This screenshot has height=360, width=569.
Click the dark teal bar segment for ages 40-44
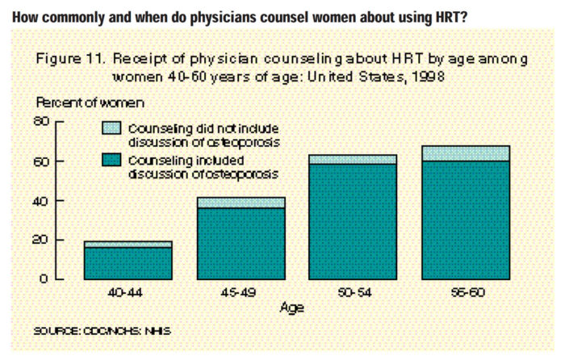(128, 263)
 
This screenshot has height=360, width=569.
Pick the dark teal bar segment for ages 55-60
(465, 220)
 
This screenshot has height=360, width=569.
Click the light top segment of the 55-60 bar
(465, 153)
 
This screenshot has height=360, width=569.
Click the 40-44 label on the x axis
(128, 291)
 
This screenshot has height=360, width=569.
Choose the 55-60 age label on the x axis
(465, 291)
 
